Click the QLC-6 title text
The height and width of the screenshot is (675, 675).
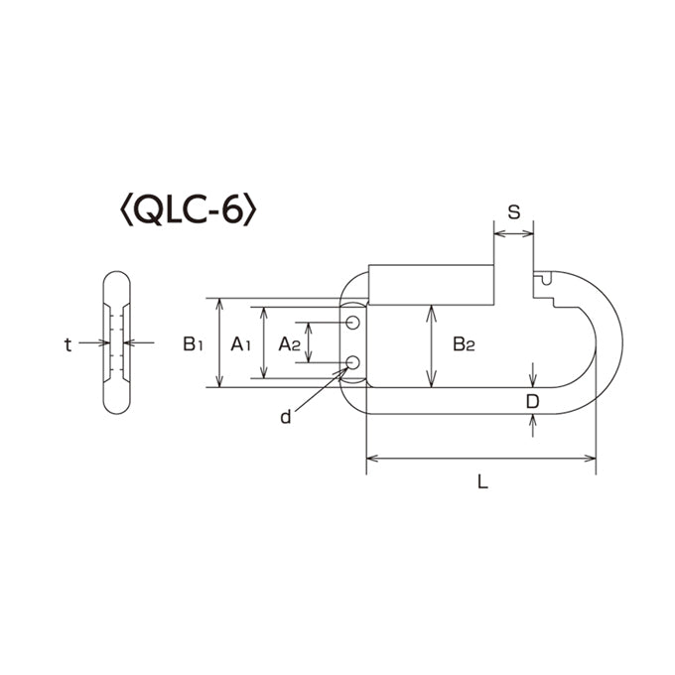[x=189, y=211]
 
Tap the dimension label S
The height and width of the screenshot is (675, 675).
[x=514, y=211]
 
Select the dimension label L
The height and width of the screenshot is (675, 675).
[x=483, y=481]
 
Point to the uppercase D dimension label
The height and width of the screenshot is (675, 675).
[x=532, y=402]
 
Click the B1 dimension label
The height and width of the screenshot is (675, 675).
[x=193, y=344]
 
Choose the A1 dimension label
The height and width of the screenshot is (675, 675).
[x=240, y=344]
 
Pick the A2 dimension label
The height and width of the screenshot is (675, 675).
[x=289, y=344]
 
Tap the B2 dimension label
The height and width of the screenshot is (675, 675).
[x=464, y=344]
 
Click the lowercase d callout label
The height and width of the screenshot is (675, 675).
[x=286, y=417]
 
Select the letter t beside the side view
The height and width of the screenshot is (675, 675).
[x=67, y=344]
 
